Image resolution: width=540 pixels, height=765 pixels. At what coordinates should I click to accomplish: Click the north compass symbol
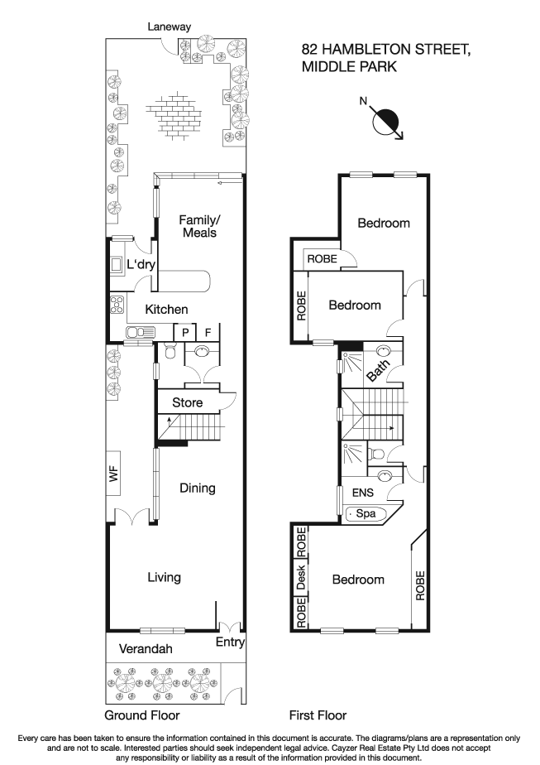click(x=385, y=121)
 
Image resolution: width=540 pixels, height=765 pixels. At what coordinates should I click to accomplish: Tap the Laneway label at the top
click(x=169, y=26)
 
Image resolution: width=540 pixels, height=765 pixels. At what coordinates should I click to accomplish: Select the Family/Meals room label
click(x=198, y=226)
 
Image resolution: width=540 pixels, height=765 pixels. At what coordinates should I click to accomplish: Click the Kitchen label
click(x=167, y=309)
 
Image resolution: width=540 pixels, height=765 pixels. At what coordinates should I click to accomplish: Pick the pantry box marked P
click(x=185, y=332)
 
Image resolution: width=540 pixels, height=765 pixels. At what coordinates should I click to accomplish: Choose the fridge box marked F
click(x=208, y=332)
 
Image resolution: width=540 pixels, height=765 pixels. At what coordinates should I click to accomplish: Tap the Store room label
click(x=188, y=402)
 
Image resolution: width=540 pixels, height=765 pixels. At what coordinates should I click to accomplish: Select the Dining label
click(x=198, y=488)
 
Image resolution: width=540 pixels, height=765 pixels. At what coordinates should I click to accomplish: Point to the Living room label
click(x=164, y=577)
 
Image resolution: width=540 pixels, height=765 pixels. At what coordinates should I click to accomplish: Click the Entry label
click(x=229, y=642)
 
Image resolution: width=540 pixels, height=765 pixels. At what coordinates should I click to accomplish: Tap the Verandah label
click(x=145, y=649)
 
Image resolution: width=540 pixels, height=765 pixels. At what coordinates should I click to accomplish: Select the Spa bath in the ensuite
click(x=365, y=514)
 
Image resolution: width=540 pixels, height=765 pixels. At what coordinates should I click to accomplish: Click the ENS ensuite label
click(x=363, y=493)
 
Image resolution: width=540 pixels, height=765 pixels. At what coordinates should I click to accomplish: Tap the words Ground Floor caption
click(x=141, y=714)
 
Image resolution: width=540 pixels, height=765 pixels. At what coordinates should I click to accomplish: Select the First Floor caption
click(x=318, y=714)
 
